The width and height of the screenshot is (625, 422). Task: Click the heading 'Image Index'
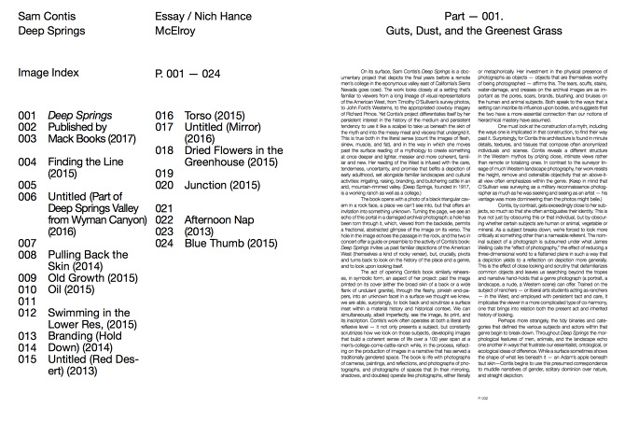(48, 73)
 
